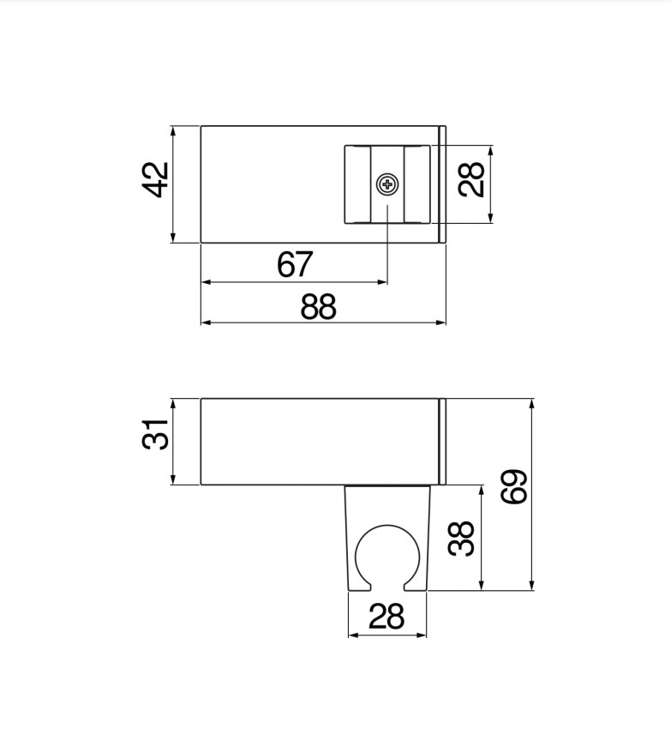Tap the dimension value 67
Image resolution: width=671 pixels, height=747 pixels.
click(x=296, y=265)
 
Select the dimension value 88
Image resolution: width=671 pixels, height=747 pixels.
click(x=319, y=306)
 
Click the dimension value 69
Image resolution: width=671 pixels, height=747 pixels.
click(x=514, y=487)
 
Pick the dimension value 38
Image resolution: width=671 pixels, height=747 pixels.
click(x=463, y=539)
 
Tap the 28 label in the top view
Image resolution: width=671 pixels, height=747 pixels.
click(x=473, y=179)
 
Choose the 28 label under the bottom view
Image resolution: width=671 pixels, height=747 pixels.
click(x=386, y=616)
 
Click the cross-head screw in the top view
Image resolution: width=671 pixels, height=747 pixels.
click(x=387, y=184)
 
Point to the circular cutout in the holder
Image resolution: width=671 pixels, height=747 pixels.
click(x=386, y=556)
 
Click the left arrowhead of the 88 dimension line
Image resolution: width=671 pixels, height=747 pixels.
click(x=205, y=322)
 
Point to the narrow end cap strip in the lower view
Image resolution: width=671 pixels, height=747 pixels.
click(x=443, y=441)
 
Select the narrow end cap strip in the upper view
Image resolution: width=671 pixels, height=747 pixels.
click(x=443, y=184)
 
